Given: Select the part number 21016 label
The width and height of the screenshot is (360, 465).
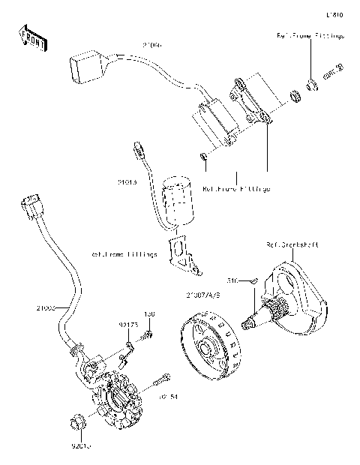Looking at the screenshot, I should (x=127, y=181).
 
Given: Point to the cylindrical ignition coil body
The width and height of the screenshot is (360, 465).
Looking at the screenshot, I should (x=178, y=200).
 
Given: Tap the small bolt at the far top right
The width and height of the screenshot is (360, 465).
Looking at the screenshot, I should (x=333, y=70).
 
